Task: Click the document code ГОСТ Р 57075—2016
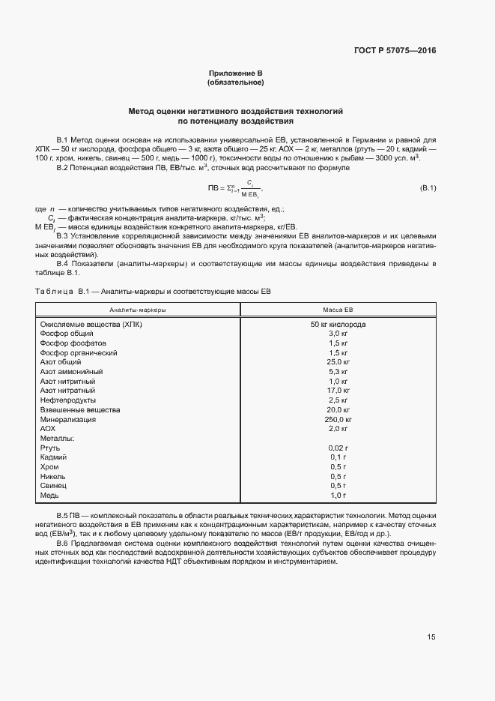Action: pos(395,51)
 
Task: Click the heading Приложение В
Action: pos(235,73)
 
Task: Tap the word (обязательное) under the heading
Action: pos(235,82)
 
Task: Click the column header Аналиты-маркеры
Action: pos(138,309)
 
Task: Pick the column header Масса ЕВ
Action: pos(338,309)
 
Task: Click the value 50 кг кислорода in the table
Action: pos(338,324)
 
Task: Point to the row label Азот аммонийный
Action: pos(72,371)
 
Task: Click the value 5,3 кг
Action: pos(338,371)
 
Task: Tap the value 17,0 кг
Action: pos(338,391)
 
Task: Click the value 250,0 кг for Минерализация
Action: pos(338,419)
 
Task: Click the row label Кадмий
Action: pos(53,457)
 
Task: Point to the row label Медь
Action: pos(49,496)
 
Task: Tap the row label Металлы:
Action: pos(56,439)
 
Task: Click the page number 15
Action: pos(431,637)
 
